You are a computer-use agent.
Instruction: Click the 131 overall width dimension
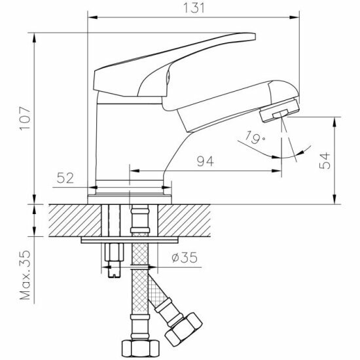[194, 9]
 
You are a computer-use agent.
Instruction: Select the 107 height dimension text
[25, 118]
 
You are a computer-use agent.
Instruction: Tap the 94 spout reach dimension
[206, 161]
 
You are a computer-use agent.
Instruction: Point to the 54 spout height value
[325, 160]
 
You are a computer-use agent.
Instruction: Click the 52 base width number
[65, 178]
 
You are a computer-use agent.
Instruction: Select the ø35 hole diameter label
[185, 257]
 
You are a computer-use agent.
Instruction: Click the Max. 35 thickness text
[25, 275]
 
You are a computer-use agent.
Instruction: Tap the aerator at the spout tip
[279, 110]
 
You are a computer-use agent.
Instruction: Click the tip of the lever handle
[254, 37]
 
